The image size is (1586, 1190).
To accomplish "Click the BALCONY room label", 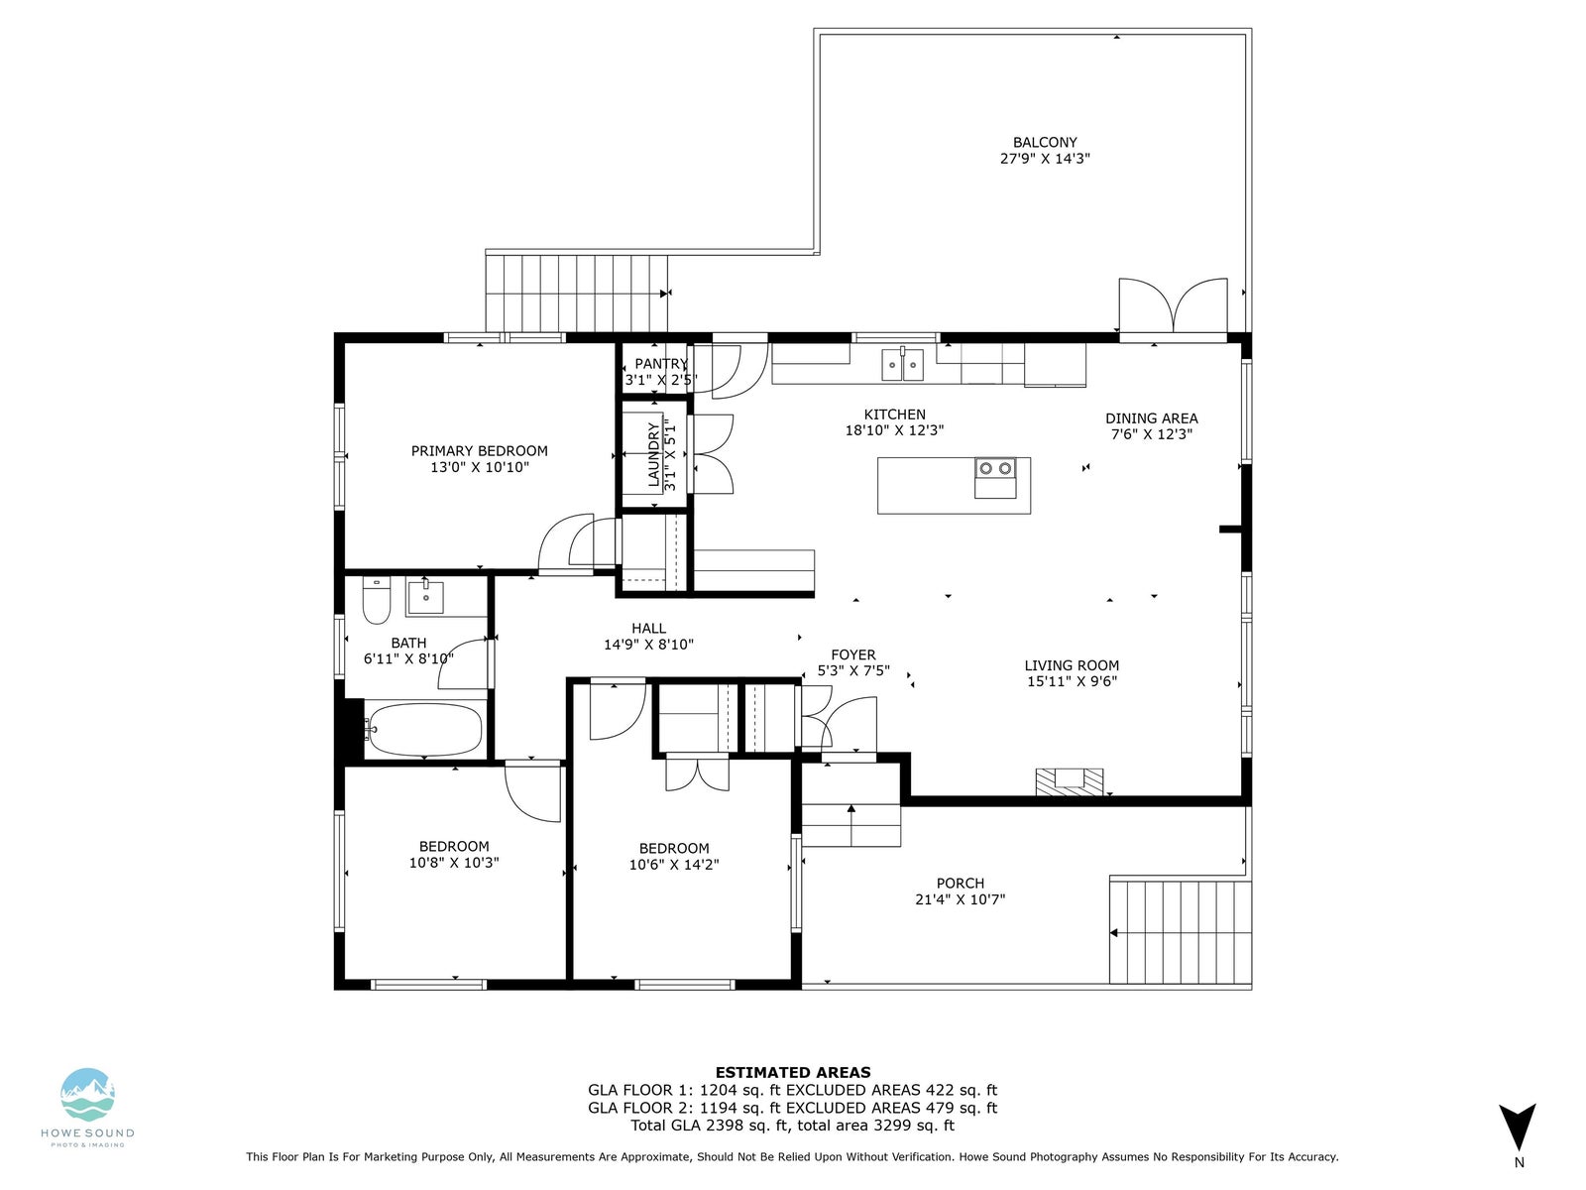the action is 1045,143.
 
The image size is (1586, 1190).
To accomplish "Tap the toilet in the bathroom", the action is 377,600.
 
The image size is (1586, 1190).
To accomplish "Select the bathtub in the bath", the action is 423,728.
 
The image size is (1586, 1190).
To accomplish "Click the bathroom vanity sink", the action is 425,597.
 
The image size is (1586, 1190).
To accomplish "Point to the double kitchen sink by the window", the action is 902,365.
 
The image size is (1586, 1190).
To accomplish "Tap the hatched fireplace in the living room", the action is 1070,781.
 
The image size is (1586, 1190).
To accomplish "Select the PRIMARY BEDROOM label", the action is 479,451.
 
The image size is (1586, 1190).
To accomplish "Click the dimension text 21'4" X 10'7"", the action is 961,898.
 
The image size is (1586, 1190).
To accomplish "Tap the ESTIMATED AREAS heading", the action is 793,1072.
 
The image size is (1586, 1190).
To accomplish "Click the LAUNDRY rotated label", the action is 653,455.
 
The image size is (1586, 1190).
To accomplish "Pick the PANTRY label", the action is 661,363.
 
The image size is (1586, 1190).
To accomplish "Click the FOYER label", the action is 852,654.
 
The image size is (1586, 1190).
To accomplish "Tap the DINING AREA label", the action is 1151,417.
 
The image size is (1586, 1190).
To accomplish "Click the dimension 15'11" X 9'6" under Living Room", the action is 1072,680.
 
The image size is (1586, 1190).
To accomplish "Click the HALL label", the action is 648,629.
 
